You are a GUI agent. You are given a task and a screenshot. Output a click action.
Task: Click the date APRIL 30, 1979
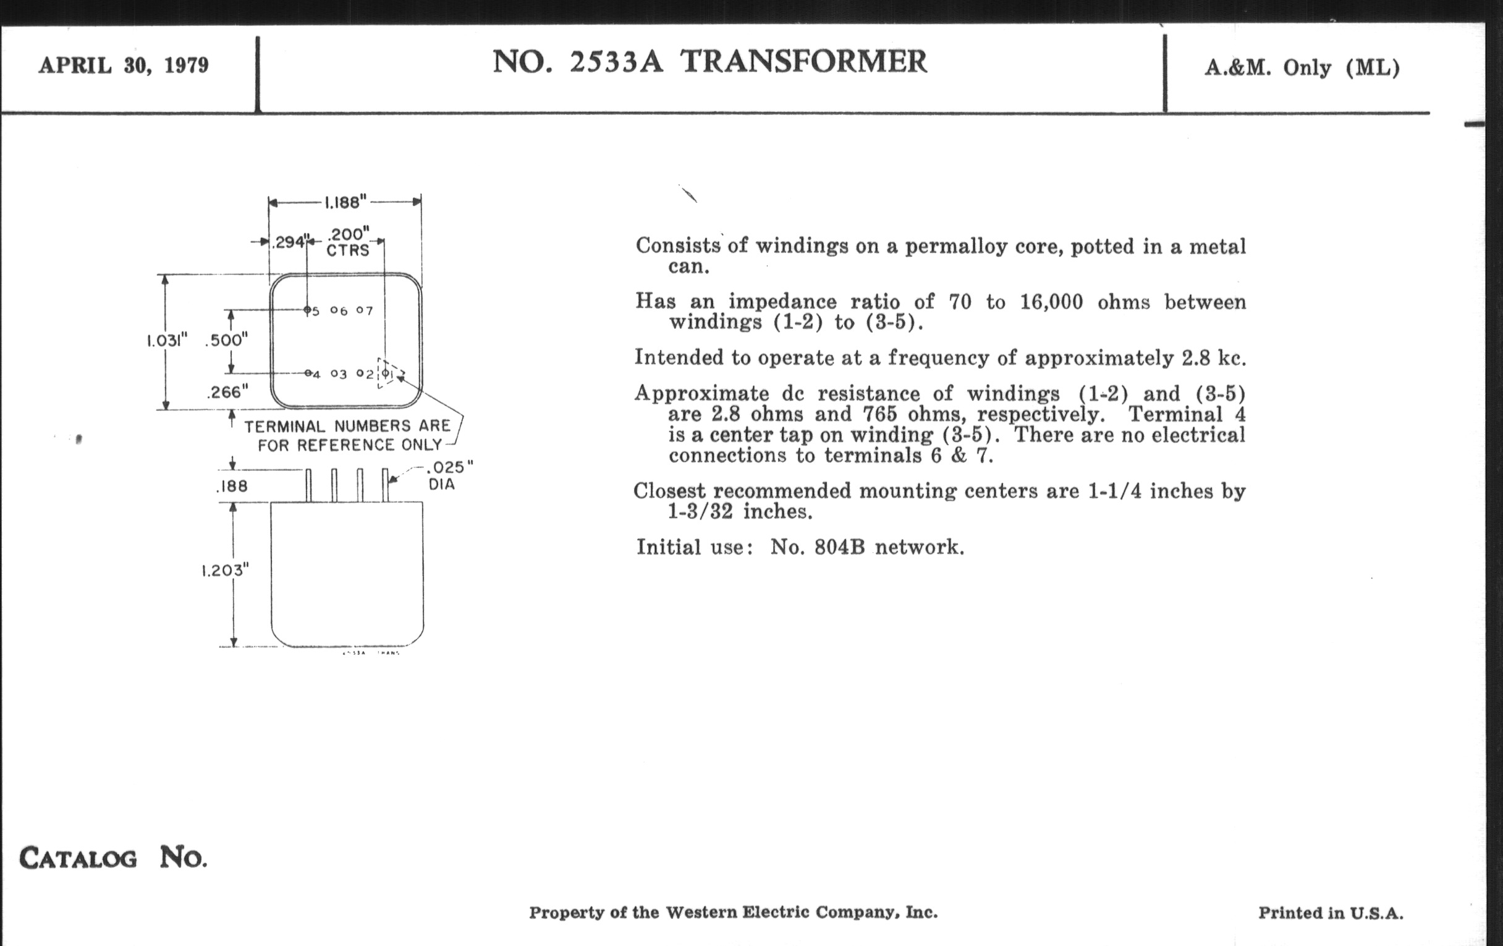pos(124,66)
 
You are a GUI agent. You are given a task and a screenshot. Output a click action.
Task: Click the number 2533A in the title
pos(616,62)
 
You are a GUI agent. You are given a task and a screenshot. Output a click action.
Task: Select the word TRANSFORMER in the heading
pos(804,62)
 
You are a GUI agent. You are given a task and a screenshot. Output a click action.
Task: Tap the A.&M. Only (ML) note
pos(1302,67)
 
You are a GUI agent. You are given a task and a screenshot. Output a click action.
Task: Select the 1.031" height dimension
pos(167,341)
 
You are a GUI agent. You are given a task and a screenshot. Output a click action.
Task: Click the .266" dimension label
pos(227,392)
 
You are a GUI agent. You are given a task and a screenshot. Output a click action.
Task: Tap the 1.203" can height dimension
pos(225,570)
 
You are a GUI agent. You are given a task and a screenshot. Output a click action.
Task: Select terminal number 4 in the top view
pos(316,375)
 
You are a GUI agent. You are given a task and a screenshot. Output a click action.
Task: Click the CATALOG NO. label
pos(113,858)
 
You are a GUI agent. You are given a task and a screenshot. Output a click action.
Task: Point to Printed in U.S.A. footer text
pos(1331,913)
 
